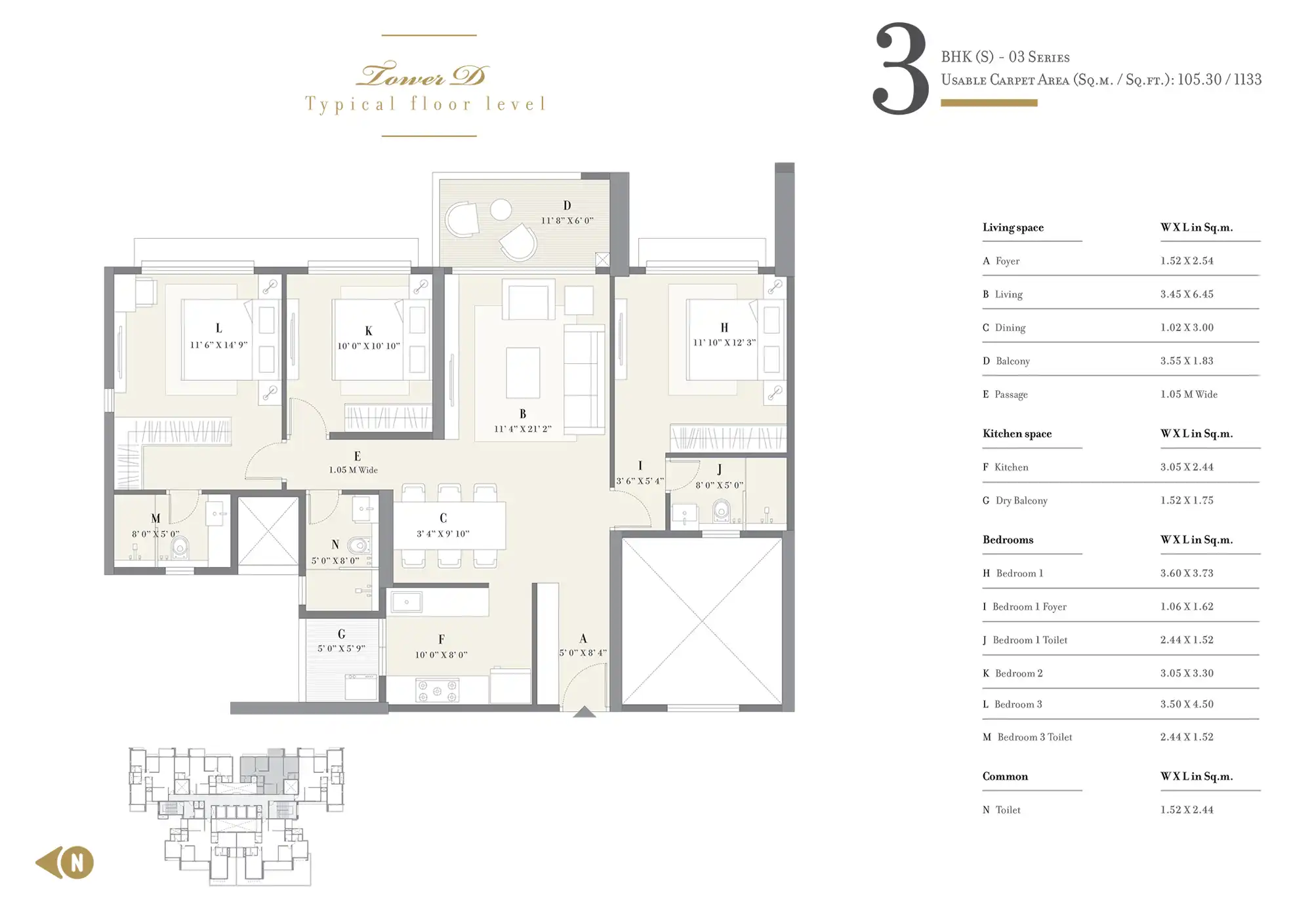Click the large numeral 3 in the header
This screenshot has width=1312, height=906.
click(901, 69)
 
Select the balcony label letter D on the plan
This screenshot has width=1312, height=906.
click(567, 206)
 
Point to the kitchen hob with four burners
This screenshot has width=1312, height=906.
click(437, 690)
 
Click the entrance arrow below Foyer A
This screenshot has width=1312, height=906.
click(584, 712)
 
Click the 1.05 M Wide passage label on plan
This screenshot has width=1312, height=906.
click(353, 470)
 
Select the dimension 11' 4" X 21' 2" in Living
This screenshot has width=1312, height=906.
click(522, 429)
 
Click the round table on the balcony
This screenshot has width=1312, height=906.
click(501, 210)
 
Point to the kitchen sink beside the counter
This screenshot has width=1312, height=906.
click(407, 602)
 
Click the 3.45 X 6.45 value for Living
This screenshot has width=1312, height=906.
click(1187, 294)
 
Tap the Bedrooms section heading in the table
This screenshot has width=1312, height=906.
click(1008, 540)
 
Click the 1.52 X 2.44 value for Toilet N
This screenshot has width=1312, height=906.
click(1187, 810)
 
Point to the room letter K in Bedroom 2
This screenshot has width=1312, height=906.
click(369, 331)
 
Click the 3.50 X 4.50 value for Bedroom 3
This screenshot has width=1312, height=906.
click(1187, 704)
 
